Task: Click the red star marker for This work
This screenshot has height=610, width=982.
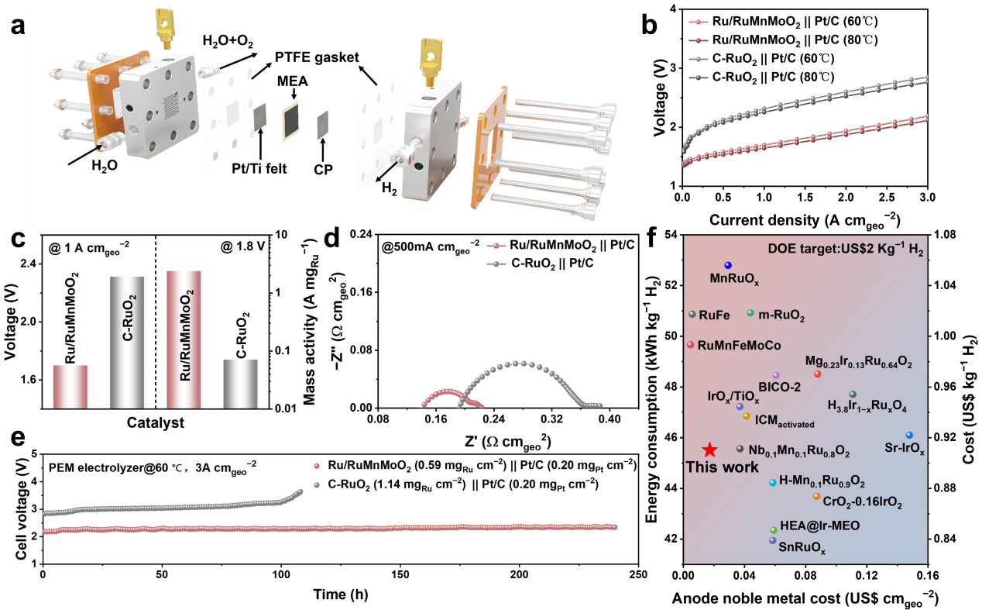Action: [709, 450]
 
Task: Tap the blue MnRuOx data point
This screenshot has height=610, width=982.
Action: [728, 266]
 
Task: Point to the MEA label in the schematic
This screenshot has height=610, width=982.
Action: [292, 83]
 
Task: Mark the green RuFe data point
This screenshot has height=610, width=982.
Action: [692, 315]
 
